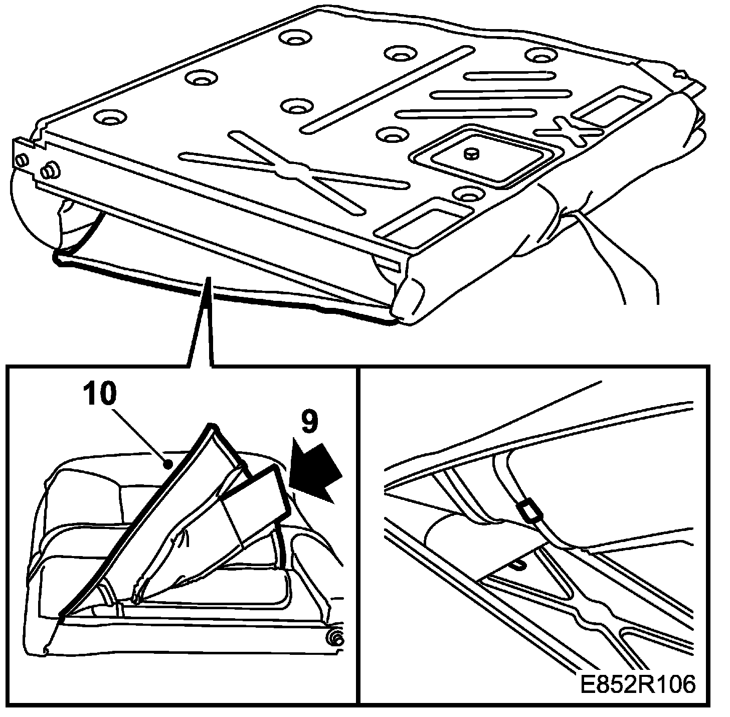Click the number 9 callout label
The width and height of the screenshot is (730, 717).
pos(309,423)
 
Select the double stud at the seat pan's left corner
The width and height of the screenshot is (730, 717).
pos(49,172)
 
